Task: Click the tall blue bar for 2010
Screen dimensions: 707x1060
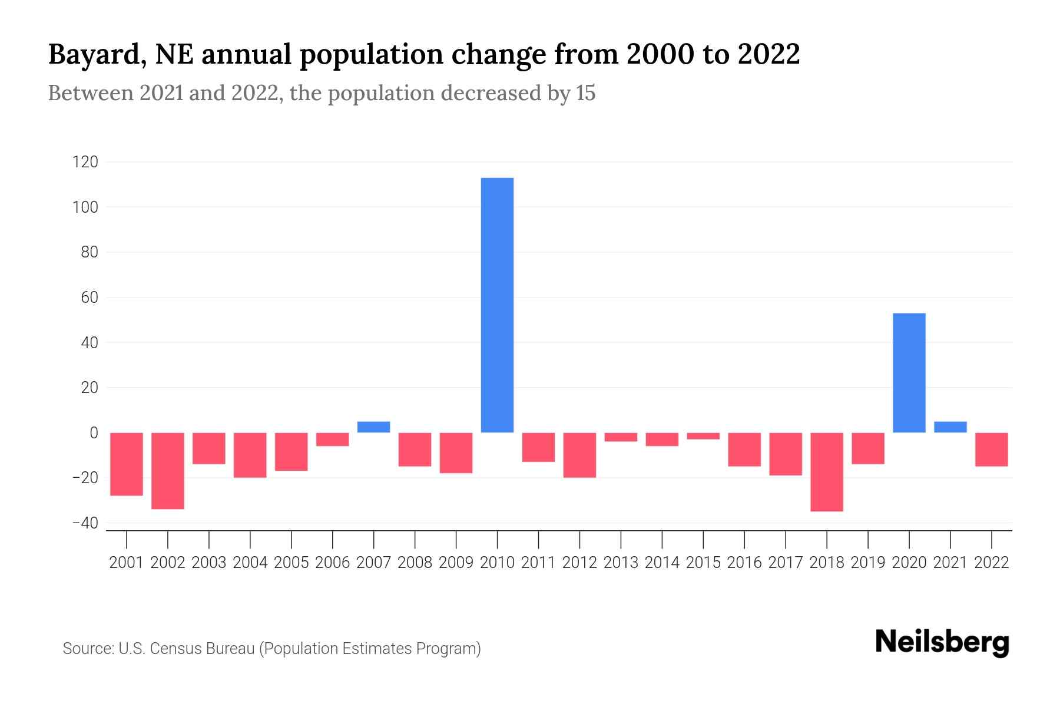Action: [x=497, y=305]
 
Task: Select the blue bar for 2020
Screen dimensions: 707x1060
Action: [x=909, y=373]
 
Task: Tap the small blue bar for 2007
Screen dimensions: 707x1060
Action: [x=373, y=427]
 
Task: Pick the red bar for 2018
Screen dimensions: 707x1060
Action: [x=826, y=472]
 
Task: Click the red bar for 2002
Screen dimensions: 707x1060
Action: [x=168, y=471]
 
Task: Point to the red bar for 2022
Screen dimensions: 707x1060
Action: [x=991, y=450]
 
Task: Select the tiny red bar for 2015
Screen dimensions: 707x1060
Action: [x=703, y=436]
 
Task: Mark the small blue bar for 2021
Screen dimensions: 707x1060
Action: [x=950, y=427]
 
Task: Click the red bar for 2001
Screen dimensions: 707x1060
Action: [x=127, y=464]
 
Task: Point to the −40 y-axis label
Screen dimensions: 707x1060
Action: [x=85, y=523]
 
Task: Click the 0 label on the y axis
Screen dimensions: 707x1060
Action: [x=94, y=433]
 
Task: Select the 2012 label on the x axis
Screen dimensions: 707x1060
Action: [x=579, y=563]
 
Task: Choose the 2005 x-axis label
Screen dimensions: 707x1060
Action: [x=291, y=563]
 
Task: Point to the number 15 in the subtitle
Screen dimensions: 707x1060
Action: [x=585, y=93]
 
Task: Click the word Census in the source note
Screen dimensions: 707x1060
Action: [x=177, y=649]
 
